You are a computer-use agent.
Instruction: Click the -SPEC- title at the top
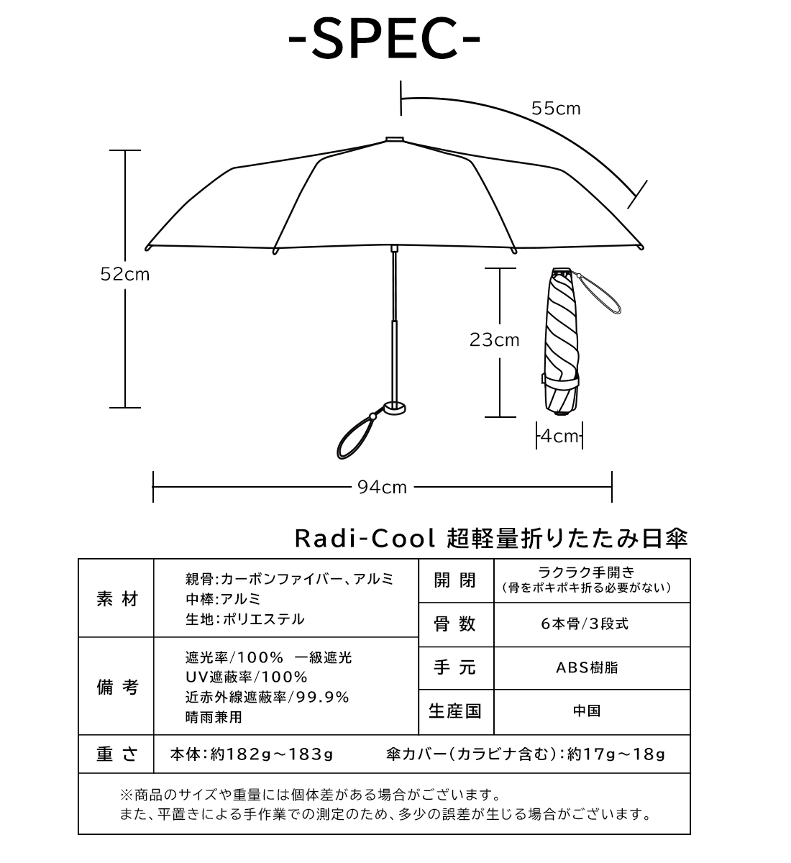click(384, 39)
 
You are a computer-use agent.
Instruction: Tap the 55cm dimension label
click(556, 109)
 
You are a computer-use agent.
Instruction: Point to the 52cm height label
click(125, 275)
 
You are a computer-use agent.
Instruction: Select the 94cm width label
click(382, 488)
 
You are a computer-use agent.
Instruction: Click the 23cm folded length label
click(495, 340)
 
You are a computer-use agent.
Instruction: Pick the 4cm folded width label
click(559, 437)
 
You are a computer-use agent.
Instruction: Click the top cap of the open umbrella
click(395, 140)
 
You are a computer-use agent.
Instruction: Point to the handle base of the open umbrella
click(395, 408)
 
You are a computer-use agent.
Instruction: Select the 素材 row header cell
click(116, 599)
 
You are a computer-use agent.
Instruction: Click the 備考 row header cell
click(116, 687)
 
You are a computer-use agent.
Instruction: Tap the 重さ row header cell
click(116, 754)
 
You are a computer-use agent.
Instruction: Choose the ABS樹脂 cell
click(593, 667)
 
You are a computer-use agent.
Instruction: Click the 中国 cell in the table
click(593, 711)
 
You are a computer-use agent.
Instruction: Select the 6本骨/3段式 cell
click(593, 624)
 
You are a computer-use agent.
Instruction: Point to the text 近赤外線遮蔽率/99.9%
click(267, 698)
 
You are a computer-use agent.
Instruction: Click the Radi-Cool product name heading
click(491, 538)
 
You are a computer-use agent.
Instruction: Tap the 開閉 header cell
click(456, 580)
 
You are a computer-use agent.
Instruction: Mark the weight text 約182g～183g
click(272, 754)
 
